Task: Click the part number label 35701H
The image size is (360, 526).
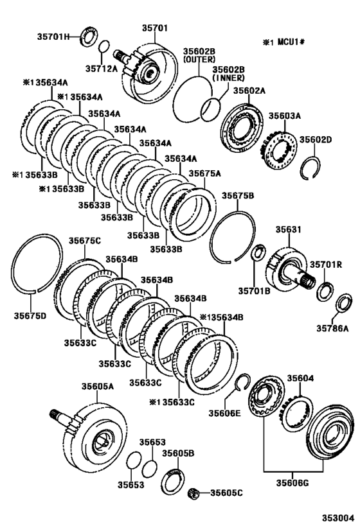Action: [53, 37]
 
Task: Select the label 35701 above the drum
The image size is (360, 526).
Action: [154, 28]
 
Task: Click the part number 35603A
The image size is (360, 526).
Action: [284, 116]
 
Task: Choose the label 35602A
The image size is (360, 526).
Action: [249, 91]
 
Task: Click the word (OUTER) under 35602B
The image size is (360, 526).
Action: [199, 59]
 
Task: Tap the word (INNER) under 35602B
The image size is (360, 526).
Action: [228, 78]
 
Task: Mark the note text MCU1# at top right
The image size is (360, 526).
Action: [291, 42]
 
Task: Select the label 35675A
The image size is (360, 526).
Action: [204, 173]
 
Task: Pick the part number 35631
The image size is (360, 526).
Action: [289, 229]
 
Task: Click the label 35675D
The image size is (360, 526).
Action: [30, 316]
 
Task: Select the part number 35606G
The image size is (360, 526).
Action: [292, 483]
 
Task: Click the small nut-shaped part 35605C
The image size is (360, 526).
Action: [193, 493]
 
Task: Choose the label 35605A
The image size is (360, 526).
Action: [97, 386]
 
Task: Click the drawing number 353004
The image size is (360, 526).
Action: [339, 517]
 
